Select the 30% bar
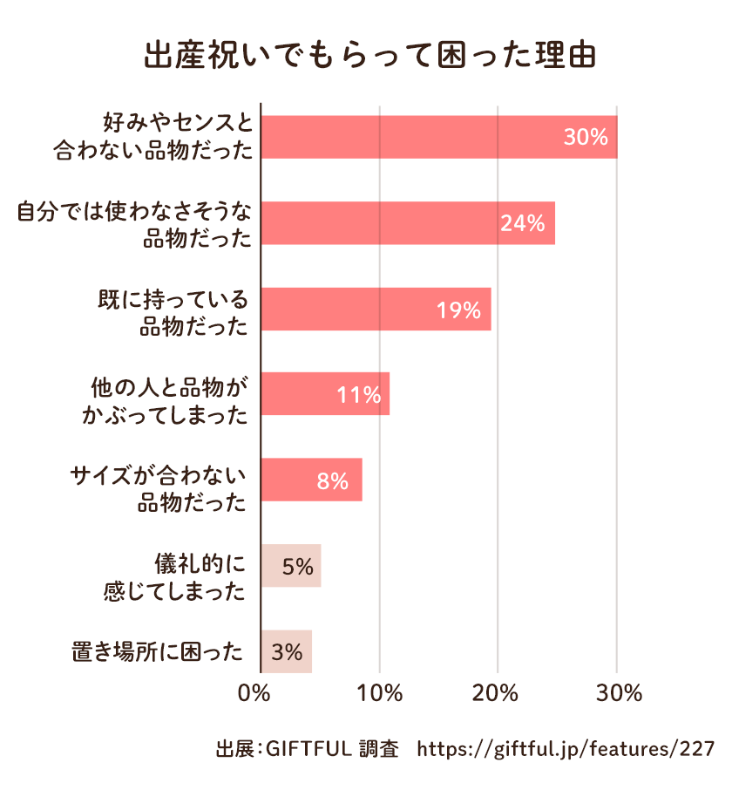point(438,137)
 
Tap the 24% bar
point(407,222)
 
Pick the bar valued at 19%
point(376,309)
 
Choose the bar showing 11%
point(325,394)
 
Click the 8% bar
point(311,480)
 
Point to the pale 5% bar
point(291,566)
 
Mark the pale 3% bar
point(287,651)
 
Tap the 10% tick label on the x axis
point(380,694)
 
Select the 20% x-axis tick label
point(498,694)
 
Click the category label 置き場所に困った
point(158,651)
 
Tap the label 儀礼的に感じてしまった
point(174,576)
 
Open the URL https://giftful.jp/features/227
point(567,749)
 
